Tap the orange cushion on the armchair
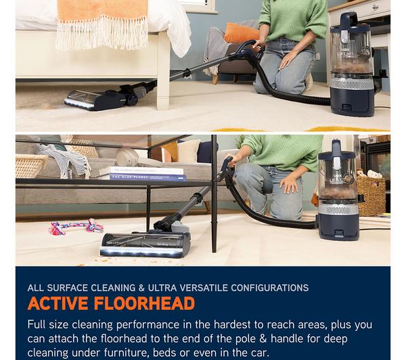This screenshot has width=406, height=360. (242, 33)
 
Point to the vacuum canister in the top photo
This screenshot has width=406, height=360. (352, 65)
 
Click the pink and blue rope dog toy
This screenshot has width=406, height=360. (76, 227)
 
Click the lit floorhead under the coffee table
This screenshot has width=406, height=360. (145, 244)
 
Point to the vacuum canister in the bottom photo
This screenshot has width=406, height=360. (338, 190)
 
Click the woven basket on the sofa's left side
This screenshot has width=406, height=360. (30, 166)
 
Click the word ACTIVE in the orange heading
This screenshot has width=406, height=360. (58, 303)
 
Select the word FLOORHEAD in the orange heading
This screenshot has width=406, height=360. (144, 303)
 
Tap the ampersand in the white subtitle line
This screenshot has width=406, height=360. (141, 288)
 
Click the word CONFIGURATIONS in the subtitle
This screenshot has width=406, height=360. (270, 288)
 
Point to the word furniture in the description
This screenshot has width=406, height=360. (127, 353)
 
